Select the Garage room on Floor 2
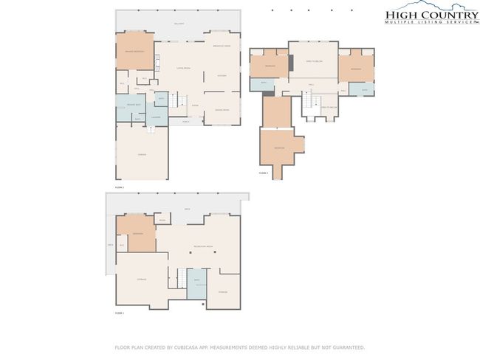pos(142,153)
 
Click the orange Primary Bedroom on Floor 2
pos(134,52)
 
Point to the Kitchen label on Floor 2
pos(222,76)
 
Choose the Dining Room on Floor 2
pos(222,110)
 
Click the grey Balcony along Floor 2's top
pos(178,24)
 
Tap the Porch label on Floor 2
pos(186,121)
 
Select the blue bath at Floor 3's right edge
pos(365,89)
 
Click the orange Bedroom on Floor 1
pos(137,233)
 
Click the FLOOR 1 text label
pos(119,313)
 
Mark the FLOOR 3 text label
pos(263,173)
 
